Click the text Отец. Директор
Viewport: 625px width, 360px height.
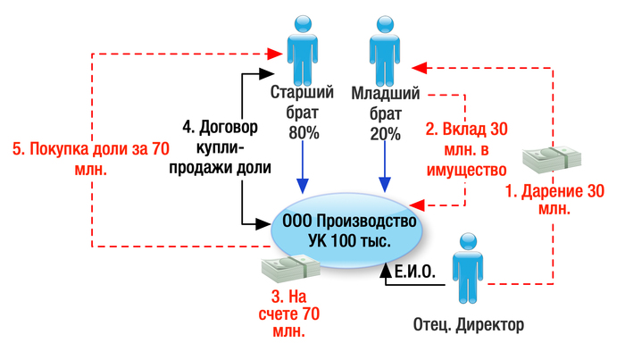point(468,323)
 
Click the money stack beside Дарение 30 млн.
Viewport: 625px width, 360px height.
point(551,158)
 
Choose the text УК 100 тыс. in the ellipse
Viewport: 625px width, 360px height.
point(349,241)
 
